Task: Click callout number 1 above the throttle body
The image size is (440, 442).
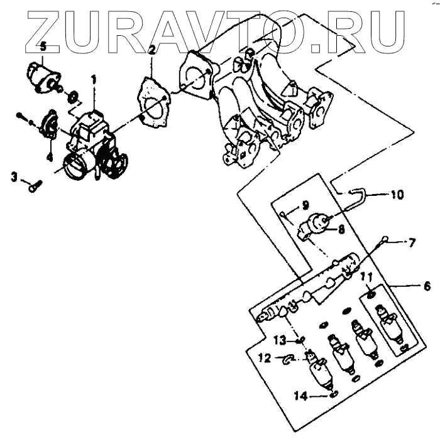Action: coord(94,80)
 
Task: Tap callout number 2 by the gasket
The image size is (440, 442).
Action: coord(151,49)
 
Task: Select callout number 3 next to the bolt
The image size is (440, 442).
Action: coord(14,178)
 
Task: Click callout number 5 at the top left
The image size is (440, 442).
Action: coord(42,46)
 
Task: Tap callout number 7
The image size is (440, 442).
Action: coord(412,242)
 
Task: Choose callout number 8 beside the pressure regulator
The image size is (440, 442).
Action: coord(341,230)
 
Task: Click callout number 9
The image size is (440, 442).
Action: coord(304,205)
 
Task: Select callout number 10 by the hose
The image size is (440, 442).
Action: coord(397,195)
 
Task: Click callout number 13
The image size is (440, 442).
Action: coord(279,340)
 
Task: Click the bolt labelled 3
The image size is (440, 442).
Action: coord(35,185)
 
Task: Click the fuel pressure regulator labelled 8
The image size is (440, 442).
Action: coord(316,226)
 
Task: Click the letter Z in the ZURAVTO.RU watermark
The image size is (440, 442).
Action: coord(47,28)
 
